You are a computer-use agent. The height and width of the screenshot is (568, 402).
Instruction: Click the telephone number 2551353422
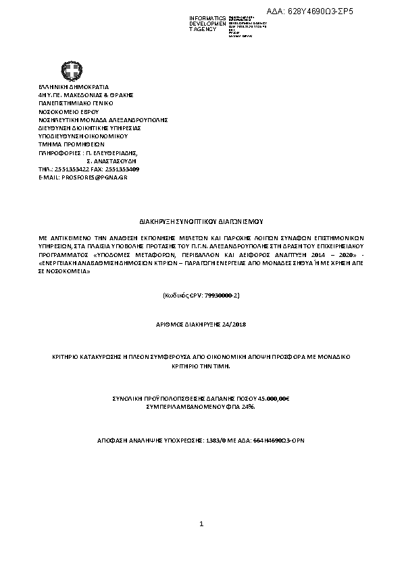tap(70, 169)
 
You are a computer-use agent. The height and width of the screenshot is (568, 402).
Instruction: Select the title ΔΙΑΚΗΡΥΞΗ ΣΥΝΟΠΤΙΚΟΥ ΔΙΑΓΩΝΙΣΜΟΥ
tap(200, 221)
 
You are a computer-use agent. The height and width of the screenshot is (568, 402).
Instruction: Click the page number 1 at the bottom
tap(201, 523)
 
